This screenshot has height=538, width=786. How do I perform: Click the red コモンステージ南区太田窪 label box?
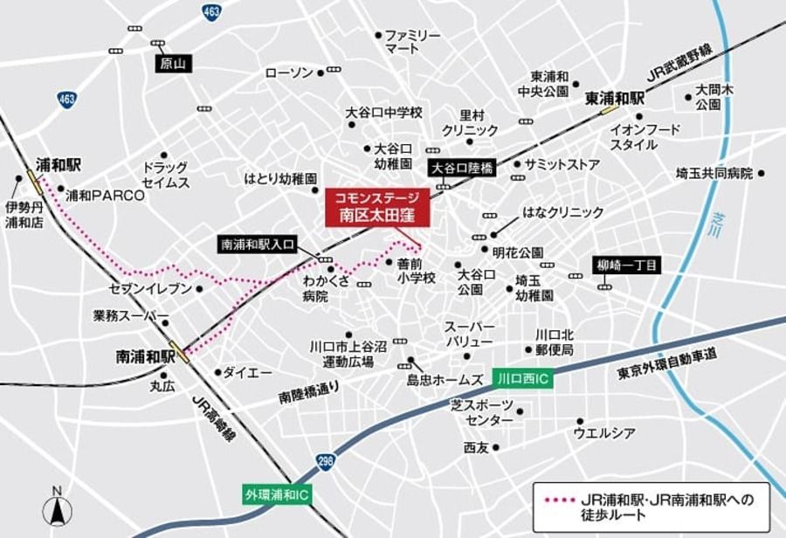377,207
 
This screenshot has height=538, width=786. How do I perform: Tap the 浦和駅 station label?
58,164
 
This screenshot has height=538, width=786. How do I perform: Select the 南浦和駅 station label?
145,356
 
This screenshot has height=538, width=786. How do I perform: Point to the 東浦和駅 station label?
614,99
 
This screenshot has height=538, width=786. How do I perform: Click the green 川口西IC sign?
522,378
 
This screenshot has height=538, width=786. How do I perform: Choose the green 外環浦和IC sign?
276,494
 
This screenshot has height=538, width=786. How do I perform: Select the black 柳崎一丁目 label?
628,265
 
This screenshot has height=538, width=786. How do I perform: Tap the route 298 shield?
325,461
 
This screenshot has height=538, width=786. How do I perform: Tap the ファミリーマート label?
414,41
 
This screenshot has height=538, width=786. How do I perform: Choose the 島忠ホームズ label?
445,380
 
